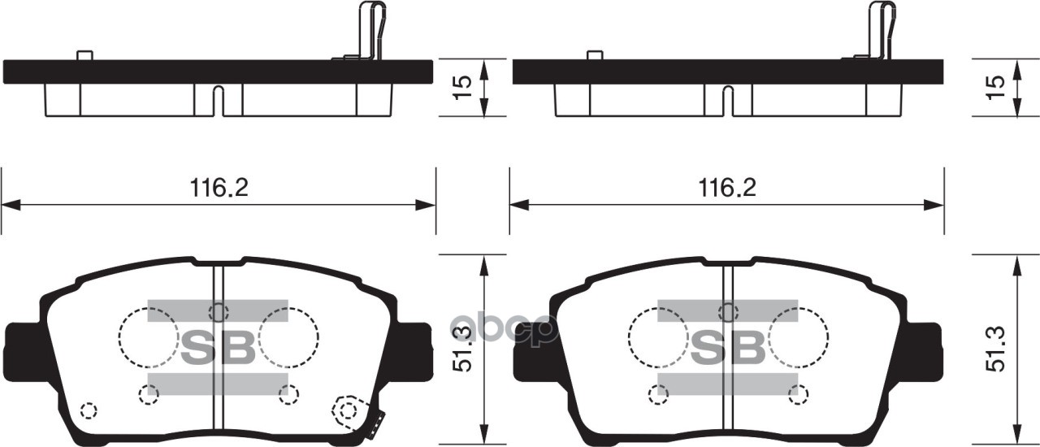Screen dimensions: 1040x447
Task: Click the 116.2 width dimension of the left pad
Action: [219, 189]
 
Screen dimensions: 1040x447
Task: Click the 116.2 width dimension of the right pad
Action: [727, 189]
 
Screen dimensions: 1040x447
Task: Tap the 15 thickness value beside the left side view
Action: [462, 88]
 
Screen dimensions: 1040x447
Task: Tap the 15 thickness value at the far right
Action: [995, 88]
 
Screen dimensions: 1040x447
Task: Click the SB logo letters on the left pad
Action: [218, 348]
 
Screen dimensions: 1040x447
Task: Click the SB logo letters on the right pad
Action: [727, 348]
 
